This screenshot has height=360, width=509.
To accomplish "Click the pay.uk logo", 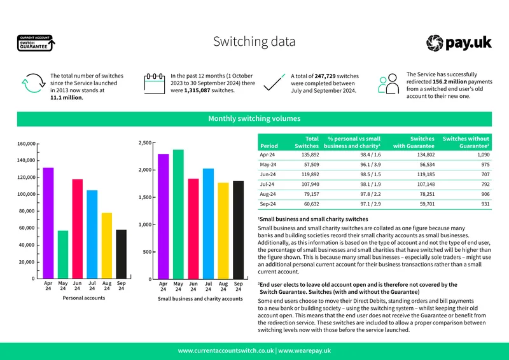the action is [459, 43].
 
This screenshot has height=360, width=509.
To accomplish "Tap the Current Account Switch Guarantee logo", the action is [36, 43].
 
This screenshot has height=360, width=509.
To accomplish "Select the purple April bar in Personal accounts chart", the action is [48, 223].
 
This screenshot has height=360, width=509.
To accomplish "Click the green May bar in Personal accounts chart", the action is [63, 254].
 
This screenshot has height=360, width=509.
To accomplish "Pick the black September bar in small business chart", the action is [238, 230].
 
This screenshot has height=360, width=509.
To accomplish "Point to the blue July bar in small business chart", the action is [209, 224].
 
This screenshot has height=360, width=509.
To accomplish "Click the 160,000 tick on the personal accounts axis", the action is [26, 144].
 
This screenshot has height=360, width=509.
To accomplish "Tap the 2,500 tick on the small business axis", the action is [145, 143].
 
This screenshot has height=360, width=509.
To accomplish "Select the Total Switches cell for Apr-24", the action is [310, 155].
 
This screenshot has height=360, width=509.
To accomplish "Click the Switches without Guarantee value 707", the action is [485, 174].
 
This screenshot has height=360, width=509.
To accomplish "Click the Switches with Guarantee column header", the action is [414, 142].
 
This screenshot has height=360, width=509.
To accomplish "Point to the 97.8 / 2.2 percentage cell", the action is [370, 194].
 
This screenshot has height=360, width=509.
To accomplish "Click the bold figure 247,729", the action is [325, 76].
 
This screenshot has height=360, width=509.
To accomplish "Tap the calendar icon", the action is [155, 84].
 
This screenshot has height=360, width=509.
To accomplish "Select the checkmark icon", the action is [274, 83].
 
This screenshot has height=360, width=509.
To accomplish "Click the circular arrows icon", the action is [34, 83].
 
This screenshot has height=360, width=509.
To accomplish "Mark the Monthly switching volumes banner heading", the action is [254, 118].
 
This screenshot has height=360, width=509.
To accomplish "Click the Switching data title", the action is [254, 41].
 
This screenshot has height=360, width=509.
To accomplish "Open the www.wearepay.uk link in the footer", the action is [305, 350].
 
